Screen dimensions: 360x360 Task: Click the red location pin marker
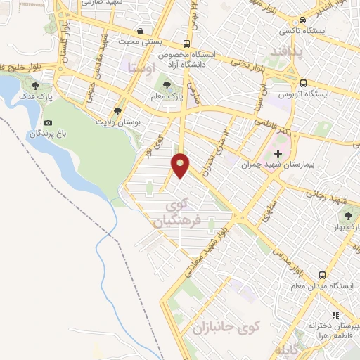click(181, 165)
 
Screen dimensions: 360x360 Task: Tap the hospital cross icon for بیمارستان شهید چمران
click(278, 153)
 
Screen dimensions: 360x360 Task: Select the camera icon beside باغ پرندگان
click(48, 123)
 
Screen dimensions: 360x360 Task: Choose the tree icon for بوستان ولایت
click(117, 111)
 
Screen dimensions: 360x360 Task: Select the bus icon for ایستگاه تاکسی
click(302, 22)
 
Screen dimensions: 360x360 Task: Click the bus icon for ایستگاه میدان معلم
click(322, 275)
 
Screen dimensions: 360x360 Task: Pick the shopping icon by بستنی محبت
click(141, 31)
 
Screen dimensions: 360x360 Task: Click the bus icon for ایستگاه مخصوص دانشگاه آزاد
click(186, 42)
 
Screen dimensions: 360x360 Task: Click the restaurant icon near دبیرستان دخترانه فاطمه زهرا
click(335, 316)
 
